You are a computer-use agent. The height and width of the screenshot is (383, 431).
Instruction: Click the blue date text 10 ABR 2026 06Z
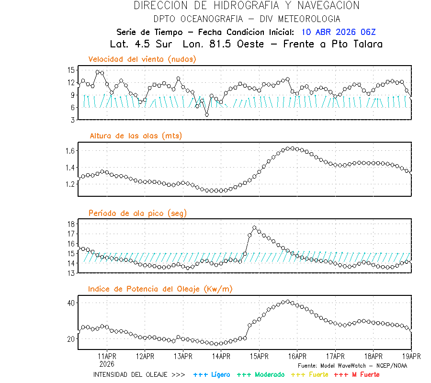click(x=339, y=33)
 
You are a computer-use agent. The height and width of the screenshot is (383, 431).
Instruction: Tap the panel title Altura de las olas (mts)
click(x=136, y=136)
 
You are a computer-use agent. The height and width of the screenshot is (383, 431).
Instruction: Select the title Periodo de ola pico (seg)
click(x=137, y=213)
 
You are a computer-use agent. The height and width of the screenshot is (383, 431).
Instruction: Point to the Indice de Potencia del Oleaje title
click(x=160, y=289)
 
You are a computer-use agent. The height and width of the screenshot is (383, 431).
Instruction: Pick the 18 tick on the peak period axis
click(x=71, y=224)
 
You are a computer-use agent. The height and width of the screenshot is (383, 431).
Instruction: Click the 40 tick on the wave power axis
click(x=70, y=303)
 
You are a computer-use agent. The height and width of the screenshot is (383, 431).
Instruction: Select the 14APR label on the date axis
click(x=221, y=356)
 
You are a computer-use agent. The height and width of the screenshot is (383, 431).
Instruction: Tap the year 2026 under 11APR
click(x=107, y=363)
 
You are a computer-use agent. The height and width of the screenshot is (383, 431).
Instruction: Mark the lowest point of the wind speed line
click(x=207, y=115)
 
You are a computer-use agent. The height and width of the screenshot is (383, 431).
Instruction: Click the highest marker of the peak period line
click(x=254, y=228)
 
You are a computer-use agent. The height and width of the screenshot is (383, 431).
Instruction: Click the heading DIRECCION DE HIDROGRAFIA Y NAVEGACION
click(x=247, y=6)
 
